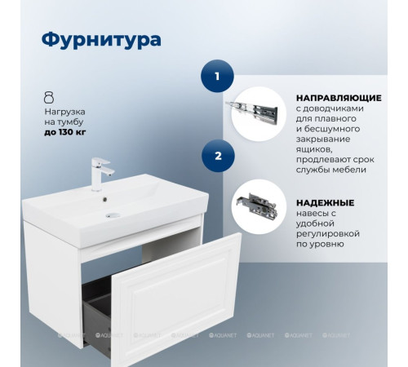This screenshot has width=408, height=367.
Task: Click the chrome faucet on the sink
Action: (103, 171)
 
